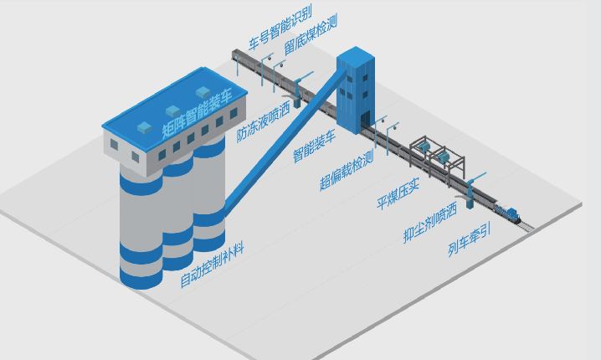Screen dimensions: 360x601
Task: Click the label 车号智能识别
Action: [x=280, y=28]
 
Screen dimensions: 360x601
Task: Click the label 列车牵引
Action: [x=468, y=247]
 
